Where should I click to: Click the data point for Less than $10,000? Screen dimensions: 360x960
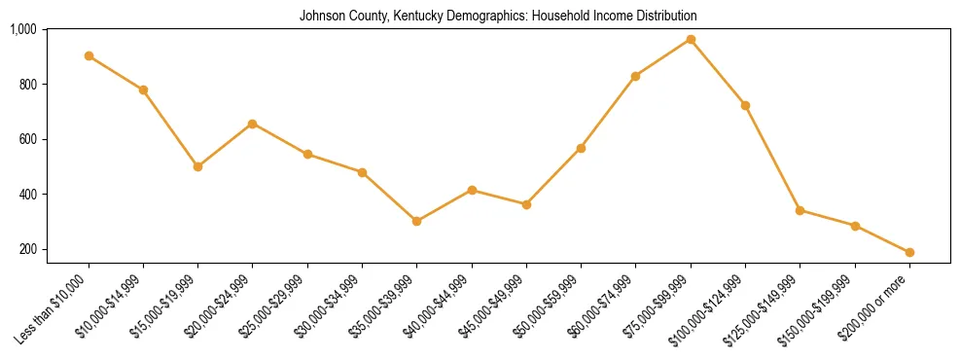89,55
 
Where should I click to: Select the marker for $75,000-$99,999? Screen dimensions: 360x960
691,39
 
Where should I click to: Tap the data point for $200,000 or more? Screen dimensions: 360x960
909,252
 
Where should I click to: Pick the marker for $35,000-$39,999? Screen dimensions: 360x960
417,221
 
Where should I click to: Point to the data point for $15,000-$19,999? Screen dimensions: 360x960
198,166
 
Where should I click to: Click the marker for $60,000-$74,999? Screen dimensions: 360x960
636,76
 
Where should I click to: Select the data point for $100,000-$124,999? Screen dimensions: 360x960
745,105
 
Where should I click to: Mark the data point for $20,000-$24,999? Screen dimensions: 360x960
253,124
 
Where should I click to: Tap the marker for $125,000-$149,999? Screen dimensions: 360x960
800,210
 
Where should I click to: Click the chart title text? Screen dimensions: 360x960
498,17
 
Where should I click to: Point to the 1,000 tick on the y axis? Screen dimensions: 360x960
22,29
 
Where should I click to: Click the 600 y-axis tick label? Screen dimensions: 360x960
26,139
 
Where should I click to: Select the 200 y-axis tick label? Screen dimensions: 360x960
26,249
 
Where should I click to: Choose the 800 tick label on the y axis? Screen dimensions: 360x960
26,85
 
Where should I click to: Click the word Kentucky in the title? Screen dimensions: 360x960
415,17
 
